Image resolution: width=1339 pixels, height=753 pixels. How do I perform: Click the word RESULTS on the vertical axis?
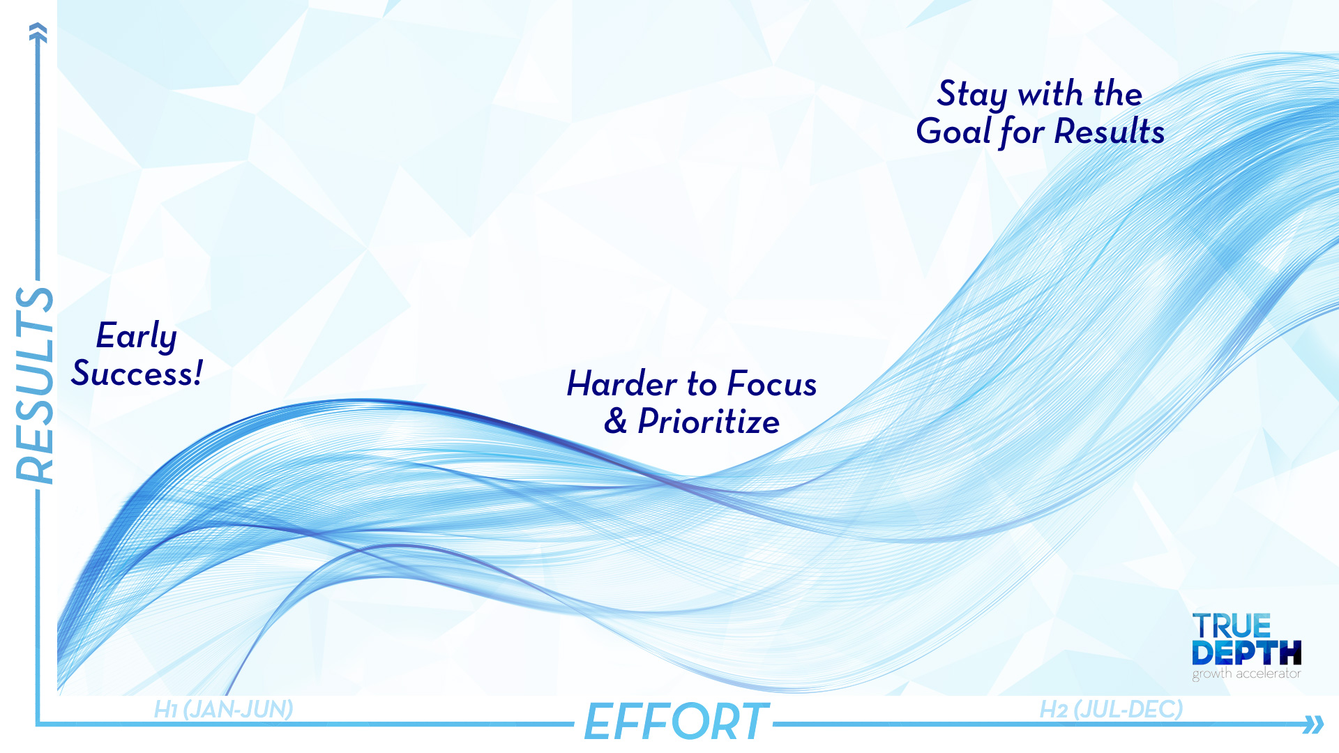(x=35, y=386)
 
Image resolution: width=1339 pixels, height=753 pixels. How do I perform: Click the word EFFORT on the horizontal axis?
(x=676, y=722)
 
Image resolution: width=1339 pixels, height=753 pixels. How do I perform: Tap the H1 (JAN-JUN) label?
(x=223, y=709)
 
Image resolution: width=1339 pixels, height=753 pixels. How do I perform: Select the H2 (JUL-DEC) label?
(x=1111, y=709)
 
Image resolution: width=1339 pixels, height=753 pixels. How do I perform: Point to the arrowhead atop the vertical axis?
(x=38, y=32)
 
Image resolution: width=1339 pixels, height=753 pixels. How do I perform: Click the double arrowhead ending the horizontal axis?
(x=1313, y=724)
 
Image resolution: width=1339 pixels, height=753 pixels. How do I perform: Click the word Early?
(x=137, y=337)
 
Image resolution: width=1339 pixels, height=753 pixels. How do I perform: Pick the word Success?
(x=137, y=374)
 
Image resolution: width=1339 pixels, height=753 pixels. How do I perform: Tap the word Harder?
(x=622, y=384)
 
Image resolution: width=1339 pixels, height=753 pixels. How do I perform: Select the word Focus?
(x=772, y=384)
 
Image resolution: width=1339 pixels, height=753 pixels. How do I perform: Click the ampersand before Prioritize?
(x=615, y=421)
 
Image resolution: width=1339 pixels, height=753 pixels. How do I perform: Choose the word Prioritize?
(x=709, y=422)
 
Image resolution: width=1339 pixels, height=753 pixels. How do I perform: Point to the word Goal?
(x=953, y=131)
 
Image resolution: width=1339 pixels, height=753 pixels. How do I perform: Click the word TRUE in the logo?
(x=1232, y=626)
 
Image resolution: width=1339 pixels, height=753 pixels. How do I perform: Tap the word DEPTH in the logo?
(x=1246, y=653)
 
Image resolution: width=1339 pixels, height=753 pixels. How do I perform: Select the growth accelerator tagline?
(x=1246, y=674)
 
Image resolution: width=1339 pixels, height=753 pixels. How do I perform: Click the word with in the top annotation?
(x=1051, y=94)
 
